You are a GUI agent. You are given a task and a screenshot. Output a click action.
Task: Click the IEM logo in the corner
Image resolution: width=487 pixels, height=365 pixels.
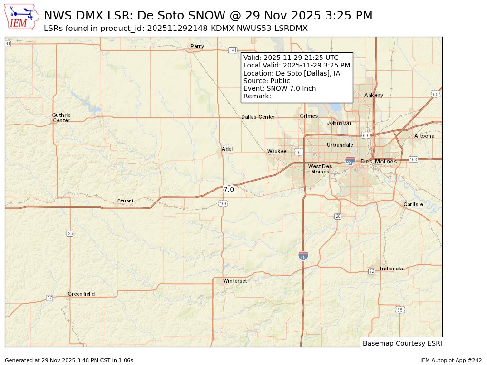22,18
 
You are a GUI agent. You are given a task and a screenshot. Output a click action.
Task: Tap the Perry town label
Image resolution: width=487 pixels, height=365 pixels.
197,46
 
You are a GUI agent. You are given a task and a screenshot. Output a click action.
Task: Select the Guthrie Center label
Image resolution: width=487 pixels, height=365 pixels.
61,118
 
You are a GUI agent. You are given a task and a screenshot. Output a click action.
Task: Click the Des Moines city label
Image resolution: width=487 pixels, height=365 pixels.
379,162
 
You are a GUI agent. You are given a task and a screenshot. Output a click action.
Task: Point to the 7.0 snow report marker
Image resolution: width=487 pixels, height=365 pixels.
229,190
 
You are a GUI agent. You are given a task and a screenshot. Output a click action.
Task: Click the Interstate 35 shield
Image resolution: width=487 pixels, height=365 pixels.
303,256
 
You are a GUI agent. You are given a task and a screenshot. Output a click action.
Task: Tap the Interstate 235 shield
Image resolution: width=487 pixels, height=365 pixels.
350,161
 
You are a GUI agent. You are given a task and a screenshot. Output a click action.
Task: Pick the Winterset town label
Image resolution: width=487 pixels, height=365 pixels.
235,281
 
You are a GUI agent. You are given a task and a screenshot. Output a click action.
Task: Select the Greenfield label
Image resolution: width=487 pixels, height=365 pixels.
81,294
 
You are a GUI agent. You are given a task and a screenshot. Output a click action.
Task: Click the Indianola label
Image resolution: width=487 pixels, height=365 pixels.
391,269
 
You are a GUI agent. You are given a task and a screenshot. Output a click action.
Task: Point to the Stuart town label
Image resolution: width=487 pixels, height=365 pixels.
126,201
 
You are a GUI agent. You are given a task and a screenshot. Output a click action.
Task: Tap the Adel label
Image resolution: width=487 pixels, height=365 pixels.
227,149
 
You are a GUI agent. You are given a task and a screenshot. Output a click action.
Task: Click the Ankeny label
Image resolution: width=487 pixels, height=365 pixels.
374,95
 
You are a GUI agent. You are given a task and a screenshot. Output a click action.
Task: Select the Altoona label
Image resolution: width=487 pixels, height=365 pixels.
424,136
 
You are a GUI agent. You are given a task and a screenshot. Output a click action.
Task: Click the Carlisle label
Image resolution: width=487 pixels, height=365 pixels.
413,204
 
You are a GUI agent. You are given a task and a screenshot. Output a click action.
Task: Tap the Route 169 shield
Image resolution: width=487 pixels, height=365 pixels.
223,203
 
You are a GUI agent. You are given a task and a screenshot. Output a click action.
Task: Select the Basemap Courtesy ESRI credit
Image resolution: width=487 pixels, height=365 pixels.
402,343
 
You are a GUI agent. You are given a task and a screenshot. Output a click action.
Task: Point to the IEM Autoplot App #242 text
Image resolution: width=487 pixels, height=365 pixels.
451,360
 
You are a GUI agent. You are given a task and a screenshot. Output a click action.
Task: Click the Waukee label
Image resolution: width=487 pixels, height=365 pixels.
277,151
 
